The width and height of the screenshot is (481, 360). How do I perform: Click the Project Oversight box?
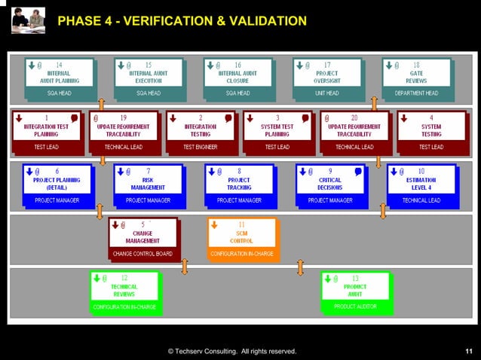(x=326, y=75)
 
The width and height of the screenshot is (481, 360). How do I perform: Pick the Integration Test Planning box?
(x=46, y=128)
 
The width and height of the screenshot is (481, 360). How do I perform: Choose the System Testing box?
(x=431, y=128)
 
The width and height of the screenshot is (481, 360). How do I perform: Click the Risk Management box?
(x=148, y=181)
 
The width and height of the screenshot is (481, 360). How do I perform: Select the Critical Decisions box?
(x=329, y=181)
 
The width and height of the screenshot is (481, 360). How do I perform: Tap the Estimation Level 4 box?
(x=421, y=181)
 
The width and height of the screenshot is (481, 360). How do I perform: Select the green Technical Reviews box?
(x=124, y=288)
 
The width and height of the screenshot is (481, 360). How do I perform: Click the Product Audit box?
(x=355, y=288)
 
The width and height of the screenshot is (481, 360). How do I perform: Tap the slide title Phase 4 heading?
(x=182, y=20)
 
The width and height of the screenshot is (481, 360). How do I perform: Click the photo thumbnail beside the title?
(x=28, y=20)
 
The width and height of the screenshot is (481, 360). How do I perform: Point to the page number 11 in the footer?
(x=469, y=351)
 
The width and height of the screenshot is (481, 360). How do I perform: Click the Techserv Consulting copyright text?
(x=231, y=351)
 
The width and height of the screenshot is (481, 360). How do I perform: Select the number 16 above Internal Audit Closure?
(x=237, y=66)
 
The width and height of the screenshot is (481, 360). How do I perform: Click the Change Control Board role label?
(x=142, y=254)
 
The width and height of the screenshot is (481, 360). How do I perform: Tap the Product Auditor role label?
(x=355, y=307)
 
